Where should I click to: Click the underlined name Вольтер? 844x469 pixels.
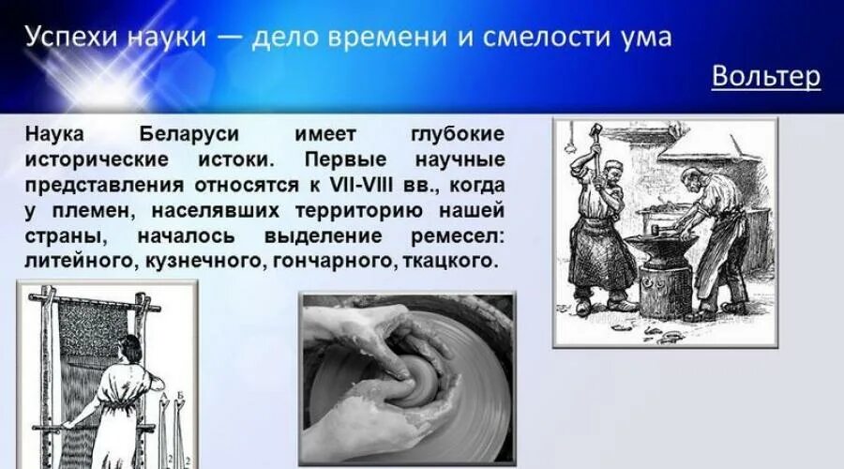(765, 76)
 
